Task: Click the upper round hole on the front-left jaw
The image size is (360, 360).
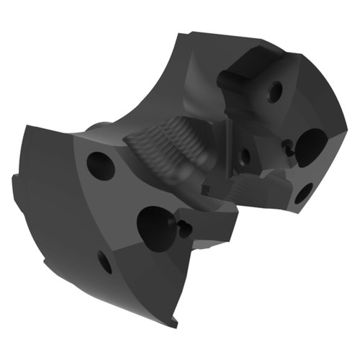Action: tap(101, 166)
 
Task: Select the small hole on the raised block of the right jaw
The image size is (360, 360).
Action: tap(274, 91)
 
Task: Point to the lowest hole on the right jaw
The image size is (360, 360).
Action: tap(304, 192)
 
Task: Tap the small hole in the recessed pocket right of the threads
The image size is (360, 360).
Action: tap(245, 155)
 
